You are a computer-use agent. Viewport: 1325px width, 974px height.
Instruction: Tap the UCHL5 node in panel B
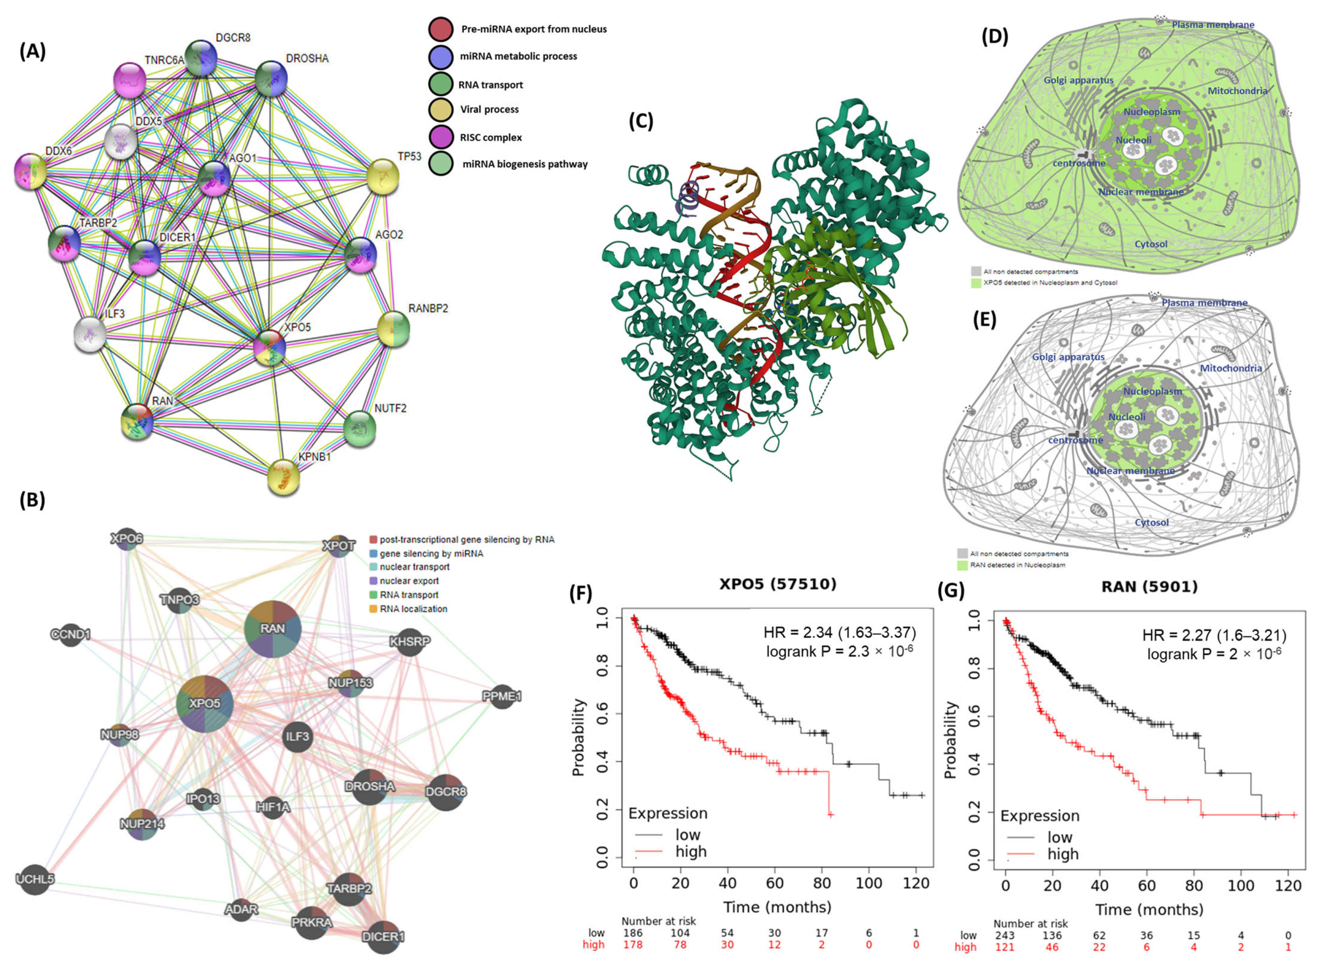35,879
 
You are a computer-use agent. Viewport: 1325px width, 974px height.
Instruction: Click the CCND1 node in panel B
71,635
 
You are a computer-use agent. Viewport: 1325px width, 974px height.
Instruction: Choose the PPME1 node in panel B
502,696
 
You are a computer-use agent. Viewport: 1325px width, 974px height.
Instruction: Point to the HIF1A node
273,806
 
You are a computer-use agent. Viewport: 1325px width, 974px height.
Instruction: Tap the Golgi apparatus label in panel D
1078,80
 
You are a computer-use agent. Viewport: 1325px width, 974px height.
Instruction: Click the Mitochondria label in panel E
1231,368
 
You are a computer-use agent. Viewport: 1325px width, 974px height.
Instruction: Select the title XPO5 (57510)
778,584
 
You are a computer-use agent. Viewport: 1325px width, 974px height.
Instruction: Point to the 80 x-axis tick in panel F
822,883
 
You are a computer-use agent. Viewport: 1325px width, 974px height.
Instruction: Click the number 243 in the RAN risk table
1005,935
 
